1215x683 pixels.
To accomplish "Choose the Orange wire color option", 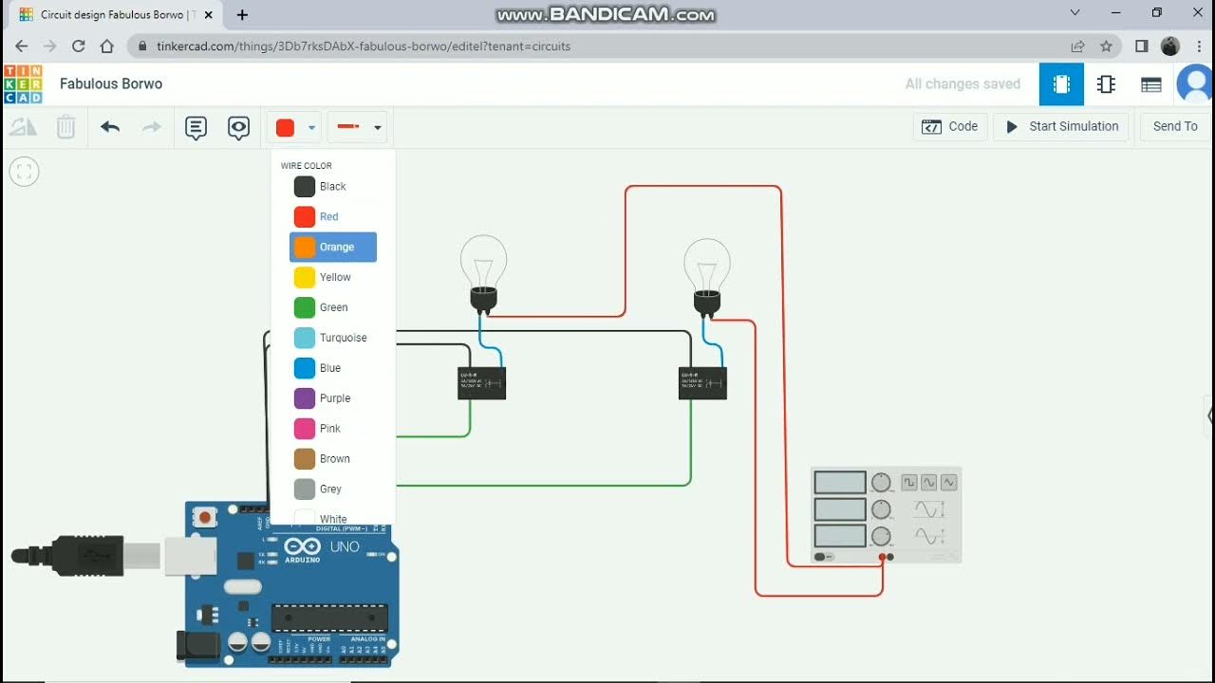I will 333,247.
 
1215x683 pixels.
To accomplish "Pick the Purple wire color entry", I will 333,398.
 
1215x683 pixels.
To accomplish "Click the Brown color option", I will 333,459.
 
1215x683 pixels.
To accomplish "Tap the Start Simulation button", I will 1061,126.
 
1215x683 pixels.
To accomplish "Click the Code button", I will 950,126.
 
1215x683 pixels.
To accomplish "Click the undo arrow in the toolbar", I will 110,126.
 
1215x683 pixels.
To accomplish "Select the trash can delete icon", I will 65,126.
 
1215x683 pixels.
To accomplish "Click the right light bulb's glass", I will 707,263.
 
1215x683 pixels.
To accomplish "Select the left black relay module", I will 481,383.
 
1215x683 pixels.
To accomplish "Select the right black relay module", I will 702,383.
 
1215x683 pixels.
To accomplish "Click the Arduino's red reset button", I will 204,518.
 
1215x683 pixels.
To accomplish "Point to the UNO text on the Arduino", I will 345,546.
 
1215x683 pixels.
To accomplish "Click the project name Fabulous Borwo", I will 111,83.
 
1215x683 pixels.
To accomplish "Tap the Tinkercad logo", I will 23,83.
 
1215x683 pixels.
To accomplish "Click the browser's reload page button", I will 79,46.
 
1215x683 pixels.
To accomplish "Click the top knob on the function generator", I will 881,482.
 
